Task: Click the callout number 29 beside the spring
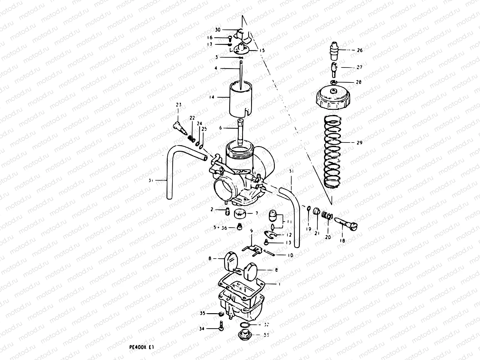(x=359, y=142)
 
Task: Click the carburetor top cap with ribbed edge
(x=333, y=99)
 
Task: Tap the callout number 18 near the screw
(x=342, y=241)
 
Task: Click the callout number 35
(x=202, y=313)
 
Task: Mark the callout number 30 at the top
(x=218, y=30)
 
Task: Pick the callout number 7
(x=257, y=213)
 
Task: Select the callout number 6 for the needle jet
(x=220, y=127)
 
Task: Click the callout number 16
(x=218, y=37)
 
